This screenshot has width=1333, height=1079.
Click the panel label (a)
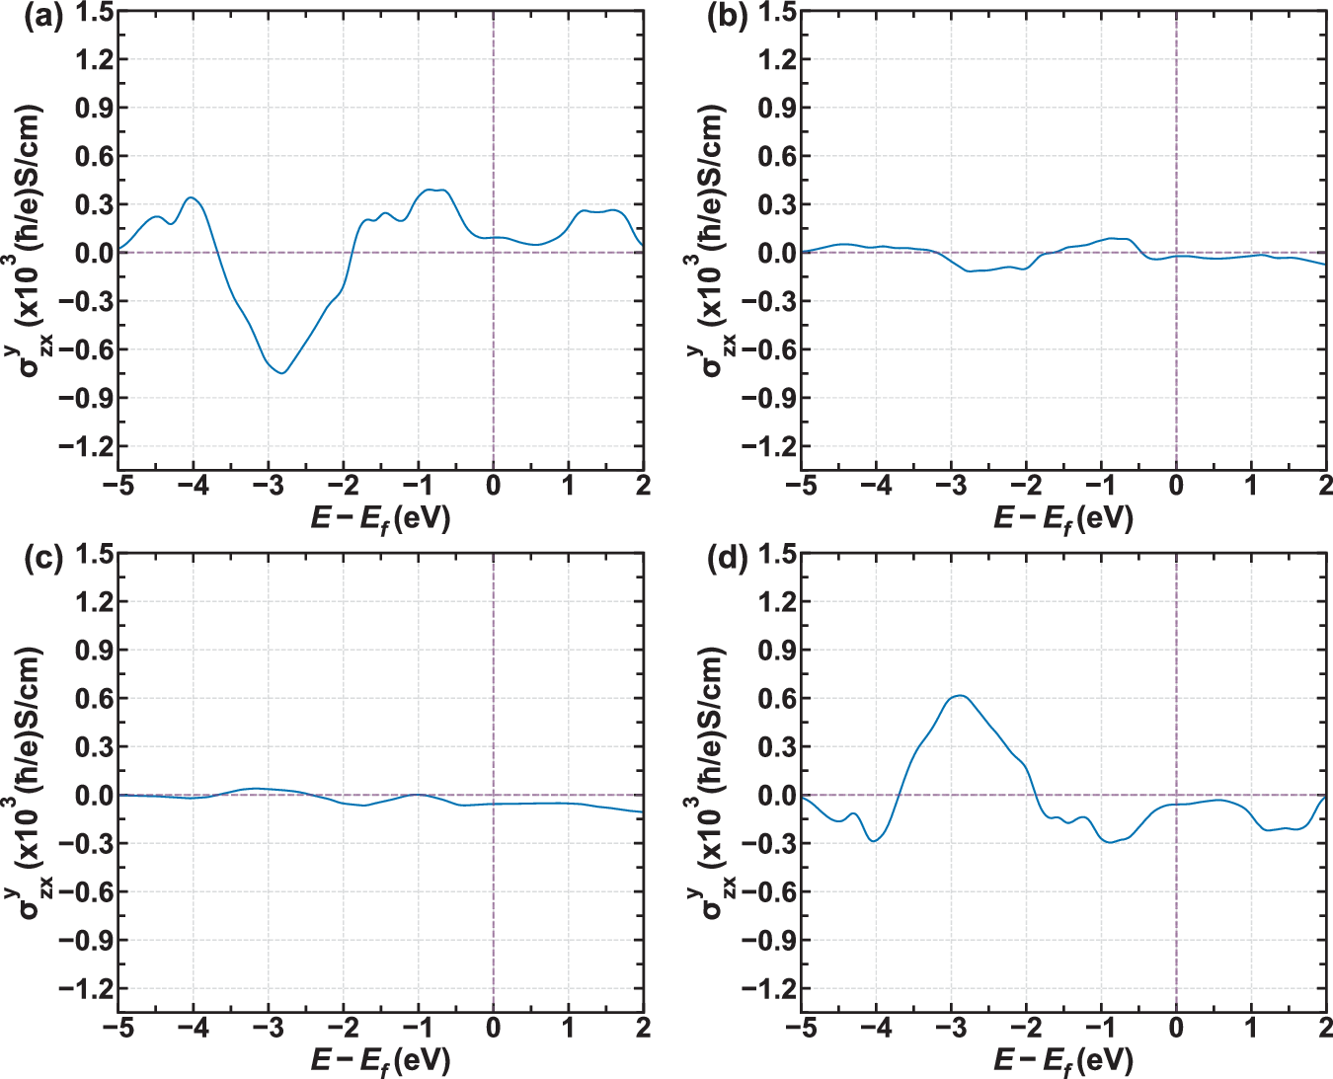click(x=42, y=18)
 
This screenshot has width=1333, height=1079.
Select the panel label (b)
click(x=726, y=18)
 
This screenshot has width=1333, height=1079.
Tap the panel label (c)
click(x=42, y=560)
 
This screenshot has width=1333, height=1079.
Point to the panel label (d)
click(x=726, y=560)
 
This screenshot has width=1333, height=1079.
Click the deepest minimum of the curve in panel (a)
click(x=282, y=372)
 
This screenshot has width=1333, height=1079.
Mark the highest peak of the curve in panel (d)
click(x=959, y=695)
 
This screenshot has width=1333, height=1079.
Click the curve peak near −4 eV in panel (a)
click(x=192, y=197)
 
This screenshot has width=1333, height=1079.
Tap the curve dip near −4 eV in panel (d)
click(x=874, y=840)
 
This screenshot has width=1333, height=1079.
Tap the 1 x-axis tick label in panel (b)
click(x=1251, y=486)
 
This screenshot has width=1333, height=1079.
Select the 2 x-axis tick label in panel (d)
click(x=1324, y=1028)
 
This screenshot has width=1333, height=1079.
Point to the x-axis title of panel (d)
click(x=1063, y=1061)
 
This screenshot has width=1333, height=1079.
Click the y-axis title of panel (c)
click(x=30, y=782)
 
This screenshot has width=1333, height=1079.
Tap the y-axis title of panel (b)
click(x=713, y=240)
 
